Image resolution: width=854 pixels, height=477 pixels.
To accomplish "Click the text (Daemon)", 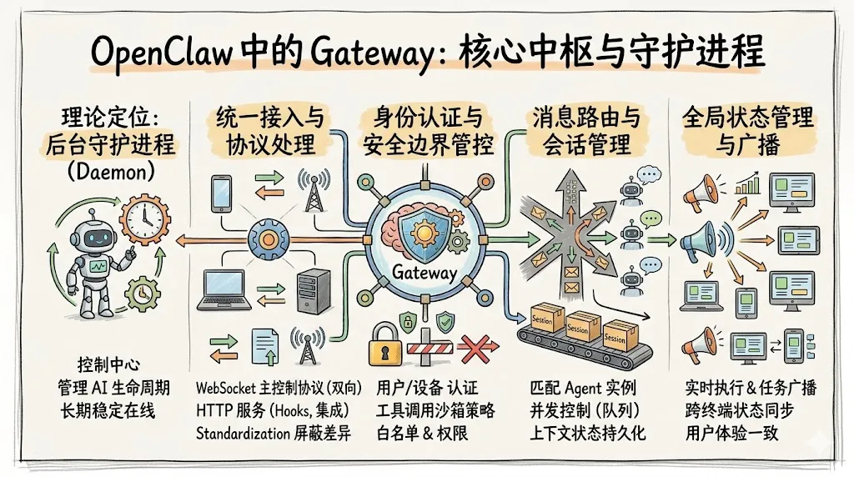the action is point(110,174).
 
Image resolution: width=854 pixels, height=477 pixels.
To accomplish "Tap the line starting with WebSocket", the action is point(279,388).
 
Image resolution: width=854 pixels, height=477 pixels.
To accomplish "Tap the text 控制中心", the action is point(108,365).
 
